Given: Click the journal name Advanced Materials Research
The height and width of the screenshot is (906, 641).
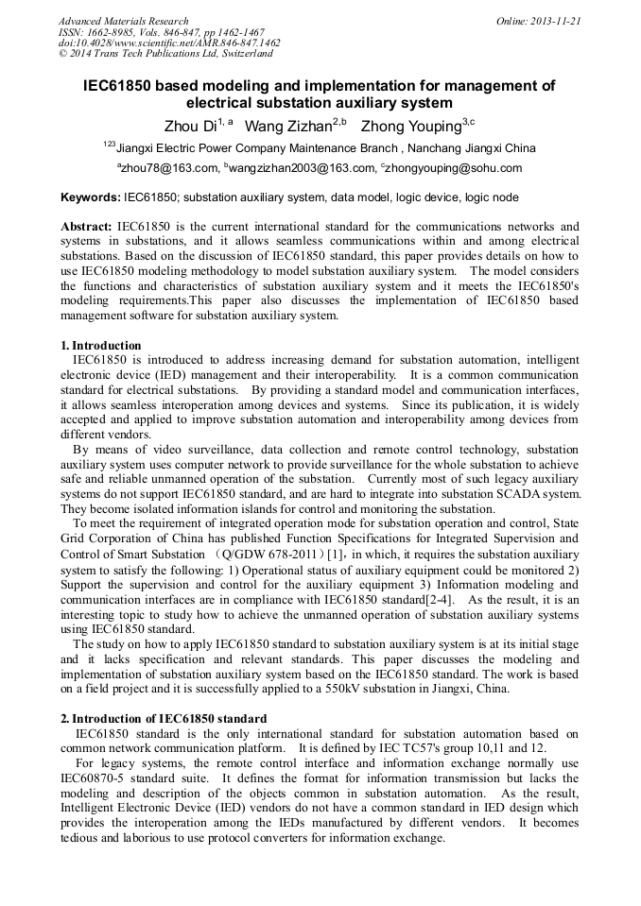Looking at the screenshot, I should tap(123, 21).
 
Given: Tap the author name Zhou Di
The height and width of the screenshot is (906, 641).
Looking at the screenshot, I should tap(190, 126).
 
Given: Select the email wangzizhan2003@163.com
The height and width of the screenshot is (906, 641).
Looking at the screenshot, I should tap(301, 169).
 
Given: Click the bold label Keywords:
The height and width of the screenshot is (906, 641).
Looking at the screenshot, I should tap(90, 198).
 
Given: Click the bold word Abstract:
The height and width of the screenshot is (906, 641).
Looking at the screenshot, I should tap(87, 228).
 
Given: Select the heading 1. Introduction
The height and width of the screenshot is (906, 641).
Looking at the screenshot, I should tap(101, 346).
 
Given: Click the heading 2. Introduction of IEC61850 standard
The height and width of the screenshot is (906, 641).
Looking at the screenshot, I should tap(164, 719).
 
